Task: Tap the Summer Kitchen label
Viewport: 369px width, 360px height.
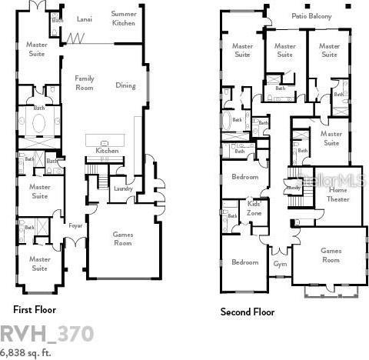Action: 124,18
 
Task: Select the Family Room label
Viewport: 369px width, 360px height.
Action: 85,82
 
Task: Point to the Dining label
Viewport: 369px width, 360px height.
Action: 125,85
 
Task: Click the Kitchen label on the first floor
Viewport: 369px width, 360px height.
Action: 107,151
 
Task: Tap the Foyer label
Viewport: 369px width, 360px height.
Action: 75,226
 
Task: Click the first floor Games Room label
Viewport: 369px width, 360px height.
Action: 123,238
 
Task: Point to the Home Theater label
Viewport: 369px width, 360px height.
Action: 338,194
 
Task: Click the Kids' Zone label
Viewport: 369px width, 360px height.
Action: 254,208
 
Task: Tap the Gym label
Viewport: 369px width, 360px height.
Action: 280,264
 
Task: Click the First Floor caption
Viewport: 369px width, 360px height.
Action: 35,309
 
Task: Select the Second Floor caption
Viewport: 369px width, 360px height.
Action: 248,312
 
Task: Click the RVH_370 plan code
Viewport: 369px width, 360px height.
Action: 47,333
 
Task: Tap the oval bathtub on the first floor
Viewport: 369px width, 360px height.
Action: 38,123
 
